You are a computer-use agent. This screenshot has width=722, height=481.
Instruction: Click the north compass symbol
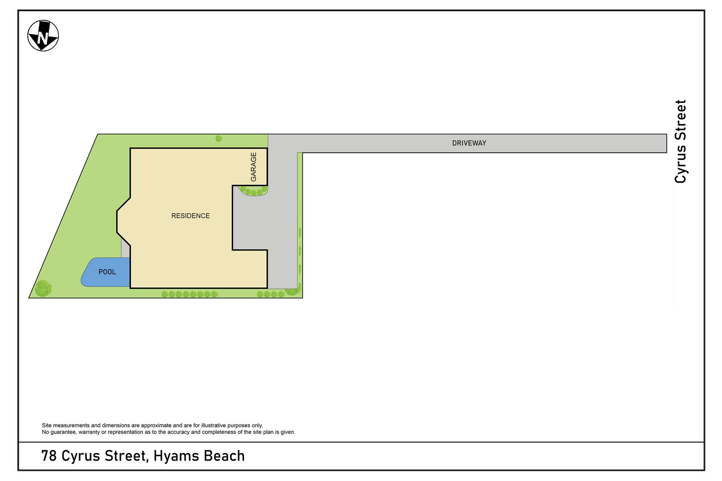[x=43, y=36]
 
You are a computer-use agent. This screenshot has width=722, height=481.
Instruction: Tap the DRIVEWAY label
[x=469, y=143]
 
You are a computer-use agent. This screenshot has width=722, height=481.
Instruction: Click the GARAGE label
[x=253, y=167]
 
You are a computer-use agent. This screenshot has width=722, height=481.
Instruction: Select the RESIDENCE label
[x=190, y=216]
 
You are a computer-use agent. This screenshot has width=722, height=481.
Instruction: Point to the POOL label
[x=107, y=272]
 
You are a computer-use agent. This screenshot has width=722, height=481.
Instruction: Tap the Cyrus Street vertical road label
[x=681, y=142]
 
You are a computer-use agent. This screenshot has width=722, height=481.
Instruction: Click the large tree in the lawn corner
[x=43, y=288]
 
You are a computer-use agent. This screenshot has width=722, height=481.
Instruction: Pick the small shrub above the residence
[x=218, y=139]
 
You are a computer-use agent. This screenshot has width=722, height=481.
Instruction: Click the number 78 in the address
[x=49, y=456]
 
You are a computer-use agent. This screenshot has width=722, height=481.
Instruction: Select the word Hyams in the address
[x=176, y=456]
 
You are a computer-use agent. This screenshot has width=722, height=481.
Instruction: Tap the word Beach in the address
[x=224, y=456]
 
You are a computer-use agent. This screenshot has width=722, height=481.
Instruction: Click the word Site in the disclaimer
[x=47, y=425]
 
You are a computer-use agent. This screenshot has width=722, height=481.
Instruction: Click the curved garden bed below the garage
[x=254, y=191]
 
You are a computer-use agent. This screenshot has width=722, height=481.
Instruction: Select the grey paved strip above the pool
[x=126, y=248]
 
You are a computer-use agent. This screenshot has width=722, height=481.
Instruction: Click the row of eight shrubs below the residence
[x=190, y=294]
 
